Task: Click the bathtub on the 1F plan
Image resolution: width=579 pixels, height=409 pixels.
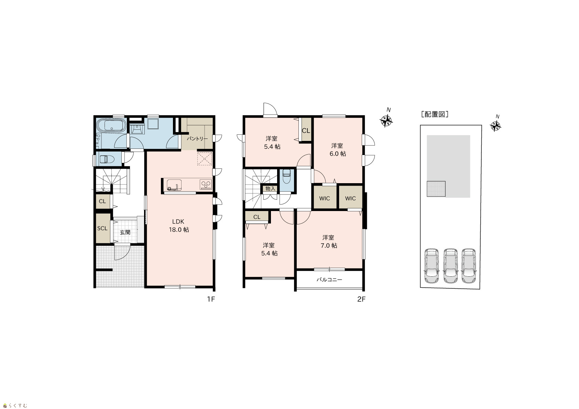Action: (x=111, y=126)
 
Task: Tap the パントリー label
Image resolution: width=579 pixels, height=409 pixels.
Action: (x=197, y=139)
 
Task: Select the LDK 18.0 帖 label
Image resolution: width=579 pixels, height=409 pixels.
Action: (x=178, y=225)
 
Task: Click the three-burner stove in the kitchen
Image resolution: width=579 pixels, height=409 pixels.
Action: (x=206, y=185)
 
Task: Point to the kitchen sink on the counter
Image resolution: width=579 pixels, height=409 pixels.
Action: (x=174, y=185)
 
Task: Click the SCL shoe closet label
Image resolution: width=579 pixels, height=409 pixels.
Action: (x=102, y=229)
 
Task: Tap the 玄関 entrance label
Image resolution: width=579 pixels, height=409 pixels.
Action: (x=125, y=233)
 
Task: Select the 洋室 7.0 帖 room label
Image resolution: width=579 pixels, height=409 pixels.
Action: (x=329, y=242)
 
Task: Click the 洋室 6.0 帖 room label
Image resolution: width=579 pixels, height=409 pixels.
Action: (x=338, y=150)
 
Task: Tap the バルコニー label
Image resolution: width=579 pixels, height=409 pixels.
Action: (x=329, y=279)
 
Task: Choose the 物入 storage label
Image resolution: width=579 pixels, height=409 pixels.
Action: (x=270, y=189)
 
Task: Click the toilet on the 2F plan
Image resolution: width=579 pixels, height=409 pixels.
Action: (x=287, y=176)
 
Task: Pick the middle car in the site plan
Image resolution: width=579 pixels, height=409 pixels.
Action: (x=450, y=266)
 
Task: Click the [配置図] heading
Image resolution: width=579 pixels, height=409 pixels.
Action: (x=435, y=114)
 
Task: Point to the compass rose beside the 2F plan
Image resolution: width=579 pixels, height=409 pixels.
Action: (x=386, y=121)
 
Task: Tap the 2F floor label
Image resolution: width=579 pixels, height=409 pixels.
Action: (x=361, y=299)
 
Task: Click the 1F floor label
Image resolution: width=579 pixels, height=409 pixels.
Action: (x=211, y=299)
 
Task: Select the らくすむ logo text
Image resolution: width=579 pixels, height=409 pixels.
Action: (x=18, y=406)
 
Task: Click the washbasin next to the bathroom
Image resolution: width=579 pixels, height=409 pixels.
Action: (x=137, y=129)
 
